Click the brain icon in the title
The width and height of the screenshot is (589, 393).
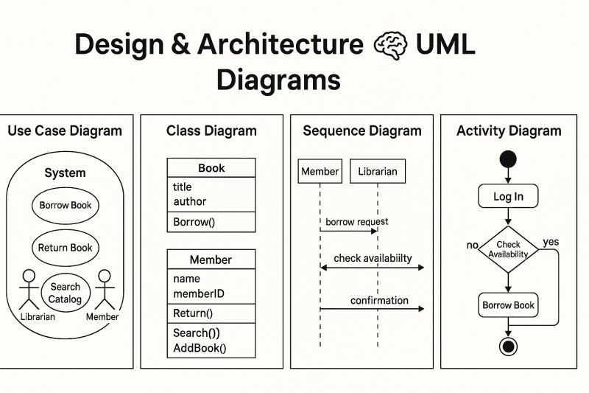click(390, 45)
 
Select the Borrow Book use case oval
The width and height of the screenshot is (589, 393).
click(66, 206)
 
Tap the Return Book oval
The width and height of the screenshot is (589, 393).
click(66, 248)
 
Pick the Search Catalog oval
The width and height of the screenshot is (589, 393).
click(66, 293)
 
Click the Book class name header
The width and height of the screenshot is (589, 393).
click(211, 168)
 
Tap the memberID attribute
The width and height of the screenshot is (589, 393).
click(199, 294)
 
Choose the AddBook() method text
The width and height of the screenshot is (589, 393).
click(200, 349)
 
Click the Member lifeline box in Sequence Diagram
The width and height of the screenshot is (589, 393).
click(320, 171)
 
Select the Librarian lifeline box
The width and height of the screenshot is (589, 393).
click(377, 171)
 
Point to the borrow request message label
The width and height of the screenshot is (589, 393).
click(357, 221)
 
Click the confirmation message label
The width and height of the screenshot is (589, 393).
click(379, 300)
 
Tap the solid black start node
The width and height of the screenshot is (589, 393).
click(508, 159)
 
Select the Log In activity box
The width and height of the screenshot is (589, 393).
click(508, 196)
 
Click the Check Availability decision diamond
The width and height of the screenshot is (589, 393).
click(508, 249)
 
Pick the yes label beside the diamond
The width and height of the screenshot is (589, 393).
click(551, 242)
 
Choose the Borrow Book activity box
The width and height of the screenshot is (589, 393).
click(508, 305)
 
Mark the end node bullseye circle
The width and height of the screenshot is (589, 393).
click(508, 346)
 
